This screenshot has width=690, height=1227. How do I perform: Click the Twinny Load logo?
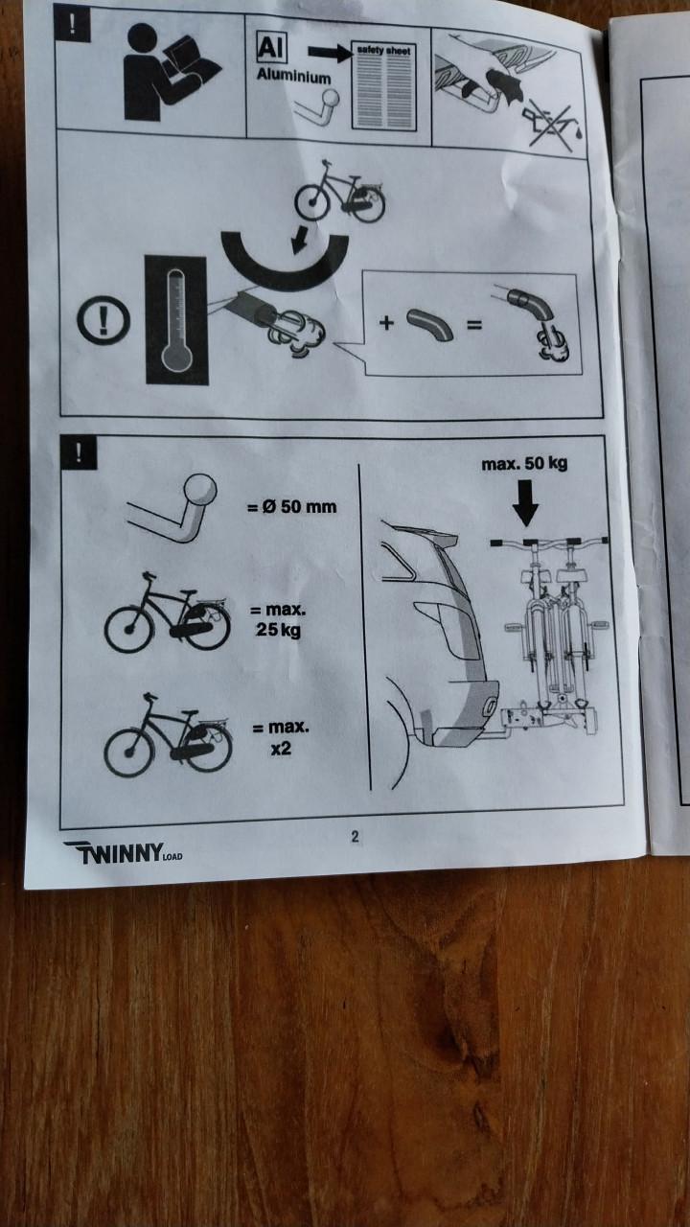click(x=122, y=851)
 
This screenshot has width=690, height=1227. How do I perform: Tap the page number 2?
click(x=355, y=836)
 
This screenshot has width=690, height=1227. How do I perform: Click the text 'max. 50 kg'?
click(x=524, y=465)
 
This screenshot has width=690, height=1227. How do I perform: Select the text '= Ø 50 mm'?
click(x=292, y=505)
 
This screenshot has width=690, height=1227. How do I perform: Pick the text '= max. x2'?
click(x=280, y=738)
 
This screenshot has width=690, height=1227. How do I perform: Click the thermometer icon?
click(x=175, y=320)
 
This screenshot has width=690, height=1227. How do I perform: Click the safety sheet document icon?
click(x=384, y=86)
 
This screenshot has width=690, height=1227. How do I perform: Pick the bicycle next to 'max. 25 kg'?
click(x=168, y=614)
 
